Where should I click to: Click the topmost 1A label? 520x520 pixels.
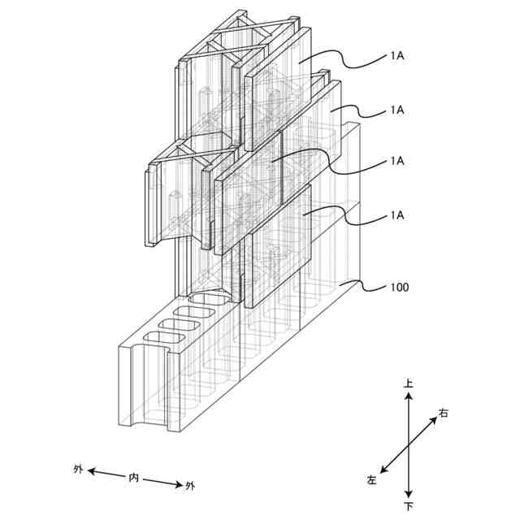[397, 58]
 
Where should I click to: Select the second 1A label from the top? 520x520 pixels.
[397, 109]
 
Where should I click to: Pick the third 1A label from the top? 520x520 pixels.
[397, 161]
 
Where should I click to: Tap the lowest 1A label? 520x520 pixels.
[397, 214]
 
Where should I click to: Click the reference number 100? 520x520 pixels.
[400, 288]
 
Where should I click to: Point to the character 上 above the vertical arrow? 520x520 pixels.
[409, 382]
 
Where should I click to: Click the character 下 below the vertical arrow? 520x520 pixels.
[409, 506]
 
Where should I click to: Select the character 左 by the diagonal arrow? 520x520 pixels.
[372, 480]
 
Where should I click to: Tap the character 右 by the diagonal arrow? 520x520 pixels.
[444, 414]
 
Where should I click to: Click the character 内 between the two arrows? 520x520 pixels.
[135, 477]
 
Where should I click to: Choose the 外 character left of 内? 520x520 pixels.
[78, 469]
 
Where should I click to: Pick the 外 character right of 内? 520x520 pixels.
[191, 486]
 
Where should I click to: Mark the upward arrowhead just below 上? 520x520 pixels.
[409, 396]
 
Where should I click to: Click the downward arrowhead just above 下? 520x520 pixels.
[409, 494]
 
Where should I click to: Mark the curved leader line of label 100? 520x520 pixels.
[366, 286]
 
